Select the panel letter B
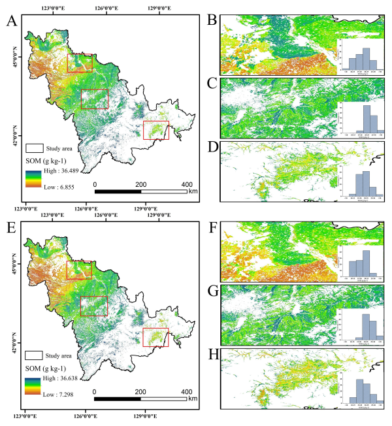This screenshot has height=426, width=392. [x=212, y=20]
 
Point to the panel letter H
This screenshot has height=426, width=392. [x=212, y=357]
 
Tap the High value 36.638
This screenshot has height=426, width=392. [x=71, y=379]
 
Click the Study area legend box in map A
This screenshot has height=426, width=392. [x=34, y=149]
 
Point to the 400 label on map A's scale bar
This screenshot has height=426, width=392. [x=186, y=184]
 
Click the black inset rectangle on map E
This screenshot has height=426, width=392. [x=93, y=305]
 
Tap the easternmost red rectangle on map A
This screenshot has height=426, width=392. [x=155, y=130]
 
